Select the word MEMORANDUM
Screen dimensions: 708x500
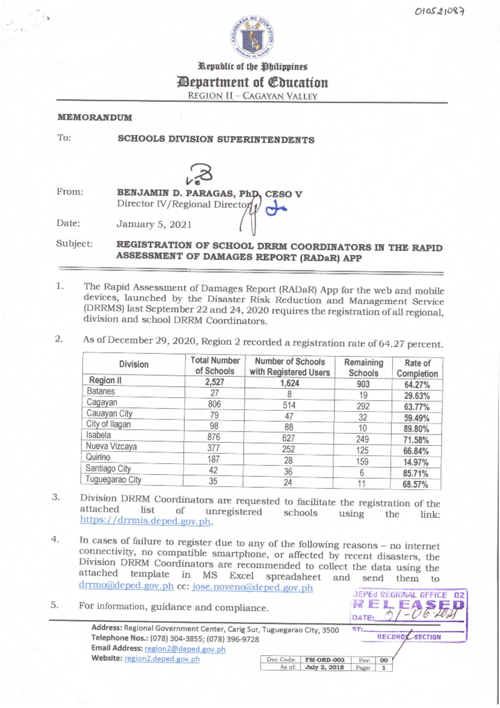click(x=95, y=118)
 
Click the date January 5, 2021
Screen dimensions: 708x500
click(x=154, y=224)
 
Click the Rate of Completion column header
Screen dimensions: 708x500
click(x=417, y=368)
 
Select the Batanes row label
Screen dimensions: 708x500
click(x=101, y=392)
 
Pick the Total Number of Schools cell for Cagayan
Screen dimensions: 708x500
click(x=214, y=404)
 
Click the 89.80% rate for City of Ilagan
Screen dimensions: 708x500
click(x=416, y=429)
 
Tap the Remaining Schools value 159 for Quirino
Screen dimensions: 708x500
click(x=362, y=462)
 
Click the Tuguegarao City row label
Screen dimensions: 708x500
click(x=113, y=480)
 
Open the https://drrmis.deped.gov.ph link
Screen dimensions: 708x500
click(x=145, y=521)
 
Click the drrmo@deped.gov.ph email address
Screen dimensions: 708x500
click(x=126, y=585)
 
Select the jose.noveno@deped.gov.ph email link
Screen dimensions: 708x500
click(x=252, y=587)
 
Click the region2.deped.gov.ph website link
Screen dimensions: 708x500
click(x=162, y=659)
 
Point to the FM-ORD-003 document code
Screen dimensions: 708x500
click(x=325, y=660)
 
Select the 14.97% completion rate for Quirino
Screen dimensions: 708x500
click(x=415, y=462)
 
